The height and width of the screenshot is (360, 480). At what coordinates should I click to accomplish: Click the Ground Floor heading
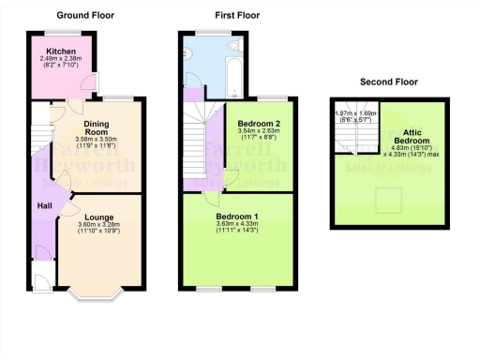tap(84, 15)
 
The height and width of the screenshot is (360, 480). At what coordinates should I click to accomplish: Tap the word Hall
tap(43, 205)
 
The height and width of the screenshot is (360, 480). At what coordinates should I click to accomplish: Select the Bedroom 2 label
tap(256, 124)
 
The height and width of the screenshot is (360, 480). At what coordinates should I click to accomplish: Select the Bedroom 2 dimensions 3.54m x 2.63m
tap(256, 133)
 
